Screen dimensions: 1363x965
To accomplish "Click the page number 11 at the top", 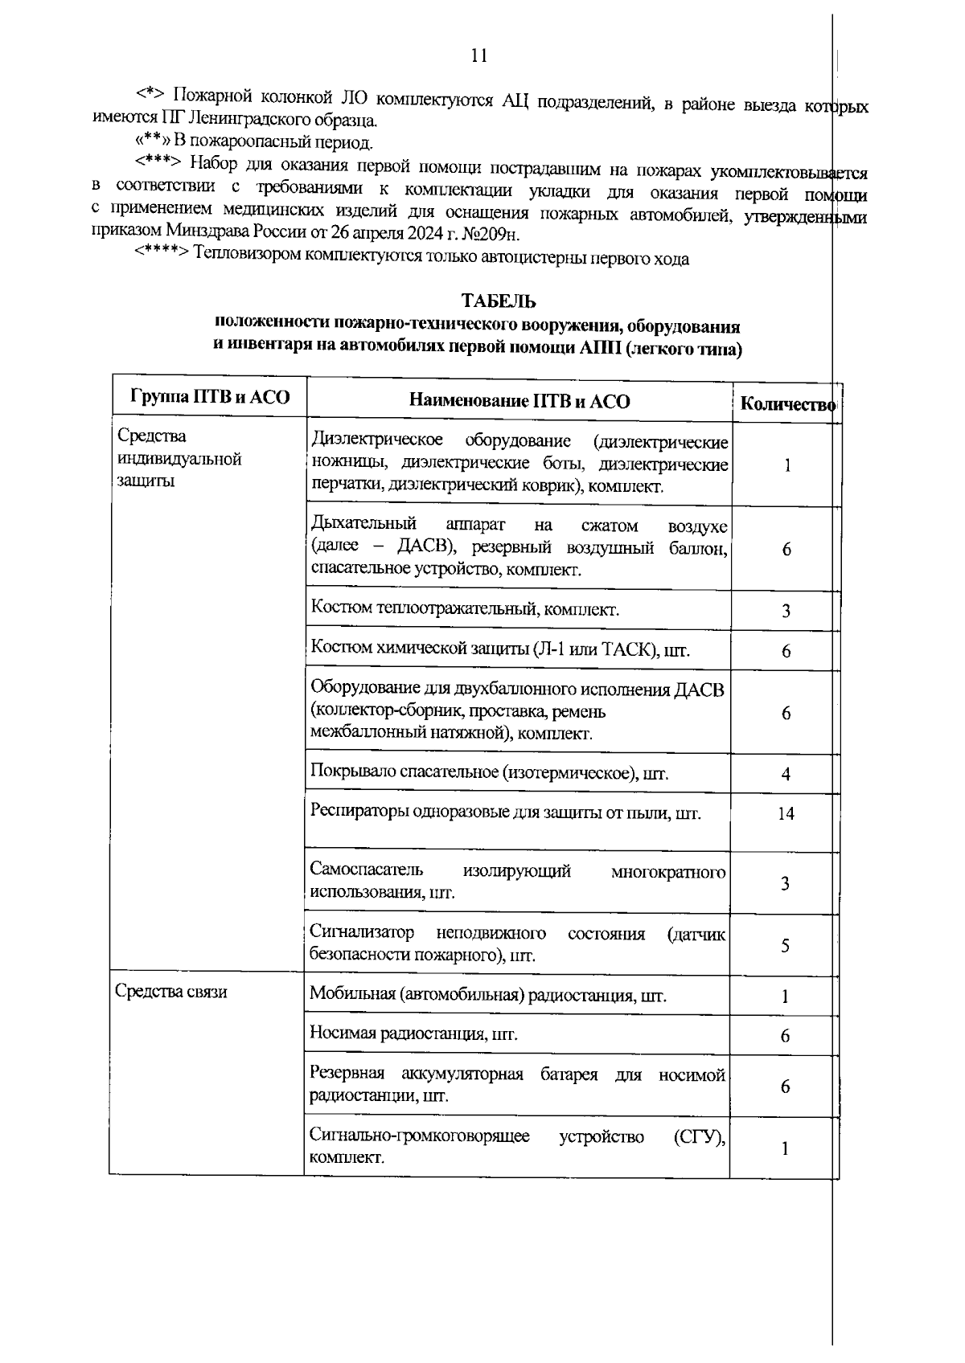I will (x=479, y=56).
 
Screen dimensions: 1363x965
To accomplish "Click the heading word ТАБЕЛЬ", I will (x=499, y=301).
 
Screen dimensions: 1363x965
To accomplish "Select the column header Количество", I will (x=787, y=404).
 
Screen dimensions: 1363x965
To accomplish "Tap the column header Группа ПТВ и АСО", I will (x=209, y=396).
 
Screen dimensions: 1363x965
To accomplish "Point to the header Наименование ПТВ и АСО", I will (x=519, y=401).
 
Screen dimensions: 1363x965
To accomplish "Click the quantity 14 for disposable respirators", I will (x=786, y=813).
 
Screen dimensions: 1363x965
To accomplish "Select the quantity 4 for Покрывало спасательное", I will (x=786, y=774).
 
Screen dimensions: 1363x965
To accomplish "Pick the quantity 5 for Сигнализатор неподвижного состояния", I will (x=786, y=945).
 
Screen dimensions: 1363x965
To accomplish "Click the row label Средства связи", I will (x=170, y=992).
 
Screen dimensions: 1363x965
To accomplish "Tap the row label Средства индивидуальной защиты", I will (x=179, y=459).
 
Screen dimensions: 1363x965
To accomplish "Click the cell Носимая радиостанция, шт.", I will (x=413, y=1034).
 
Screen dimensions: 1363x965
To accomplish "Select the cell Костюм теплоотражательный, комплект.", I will (x=465, y=609).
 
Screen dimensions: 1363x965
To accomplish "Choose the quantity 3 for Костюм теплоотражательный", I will (x=786, y=611).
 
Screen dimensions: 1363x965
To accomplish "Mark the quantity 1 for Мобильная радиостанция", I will (x=786, y=997).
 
